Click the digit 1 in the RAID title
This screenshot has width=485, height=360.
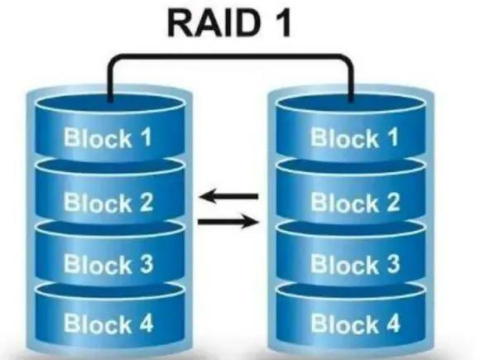click(x=284, y=26)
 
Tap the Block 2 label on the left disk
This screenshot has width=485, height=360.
click(x=108, y=201)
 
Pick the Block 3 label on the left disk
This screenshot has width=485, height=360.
click(x=108, y=265)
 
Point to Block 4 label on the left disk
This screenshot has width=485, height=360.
click(x=108, y=322)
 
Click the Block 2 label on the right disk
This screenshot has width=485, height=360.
click(x=354, y=201)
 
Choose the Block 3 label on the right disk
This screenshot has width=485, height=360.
click(x=354, y=265)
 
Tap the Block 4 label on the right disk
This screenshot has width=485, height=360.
click(x=354, y=322)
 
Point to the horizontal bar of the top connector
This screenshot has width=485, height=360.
click(x=231, y=57)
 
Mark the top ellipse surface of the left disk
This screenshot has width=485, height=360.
click(x=108, y=104)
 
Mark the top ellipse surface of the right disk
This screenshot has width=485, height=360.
click(x=354, y=104)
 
